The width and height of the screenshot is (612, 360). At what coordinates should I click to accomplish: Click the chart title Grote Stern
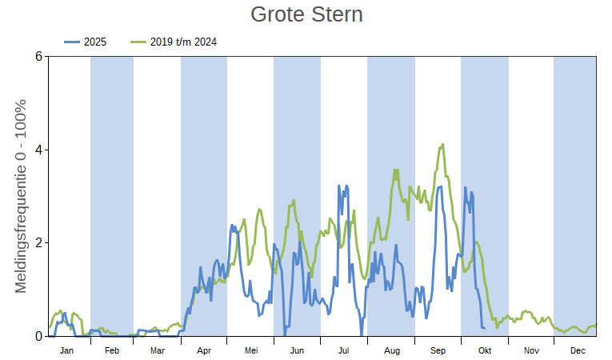click(x=306, y=14)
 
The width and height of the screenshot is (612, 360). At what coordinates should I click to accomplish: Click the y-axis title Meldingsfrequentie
click(x=22, y=196)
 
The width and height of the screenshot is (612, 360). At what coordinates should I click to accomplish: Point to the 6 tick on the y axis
click(x=38, y=57)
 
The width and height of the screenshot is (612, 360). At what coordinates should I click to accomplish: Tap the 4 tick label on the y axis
click(x=38, y=150)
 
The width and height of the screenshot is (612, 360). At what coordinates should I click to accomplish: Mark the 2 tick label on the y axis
click(x=38, y=243)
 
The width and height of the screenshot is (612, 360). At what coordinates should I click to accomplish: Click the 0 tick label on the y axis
click(x=38, y=336)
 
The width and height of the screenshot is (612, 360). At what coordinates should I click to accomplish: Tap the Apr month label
click(x=204, y=350)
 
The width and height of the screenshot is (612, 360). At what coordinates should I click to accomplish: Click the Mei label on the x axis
click(x=250, y=350)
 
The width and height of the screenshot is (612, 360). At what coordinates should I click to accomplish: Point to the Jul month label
click(x=344, y=350)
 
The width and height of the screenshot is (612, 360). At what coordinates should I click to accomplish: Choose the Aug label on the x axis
click(x=391, y=350)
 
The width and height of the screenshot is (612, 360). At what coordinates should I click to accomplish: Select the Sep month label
click(x=438, y=350)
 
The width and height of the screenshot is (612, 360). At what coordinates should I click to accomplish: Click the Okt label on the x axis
click(x=484, y=350)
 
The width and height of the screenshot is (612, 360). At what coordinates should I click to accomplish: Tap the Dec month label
click(x=577, y=350)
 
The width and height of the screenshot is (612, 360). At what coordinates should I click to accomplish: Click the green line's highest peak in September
click(x=442, y=145)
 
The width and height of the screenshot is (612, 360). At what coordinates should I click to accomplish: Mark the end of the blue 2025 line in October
click(x=484, y=328)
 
